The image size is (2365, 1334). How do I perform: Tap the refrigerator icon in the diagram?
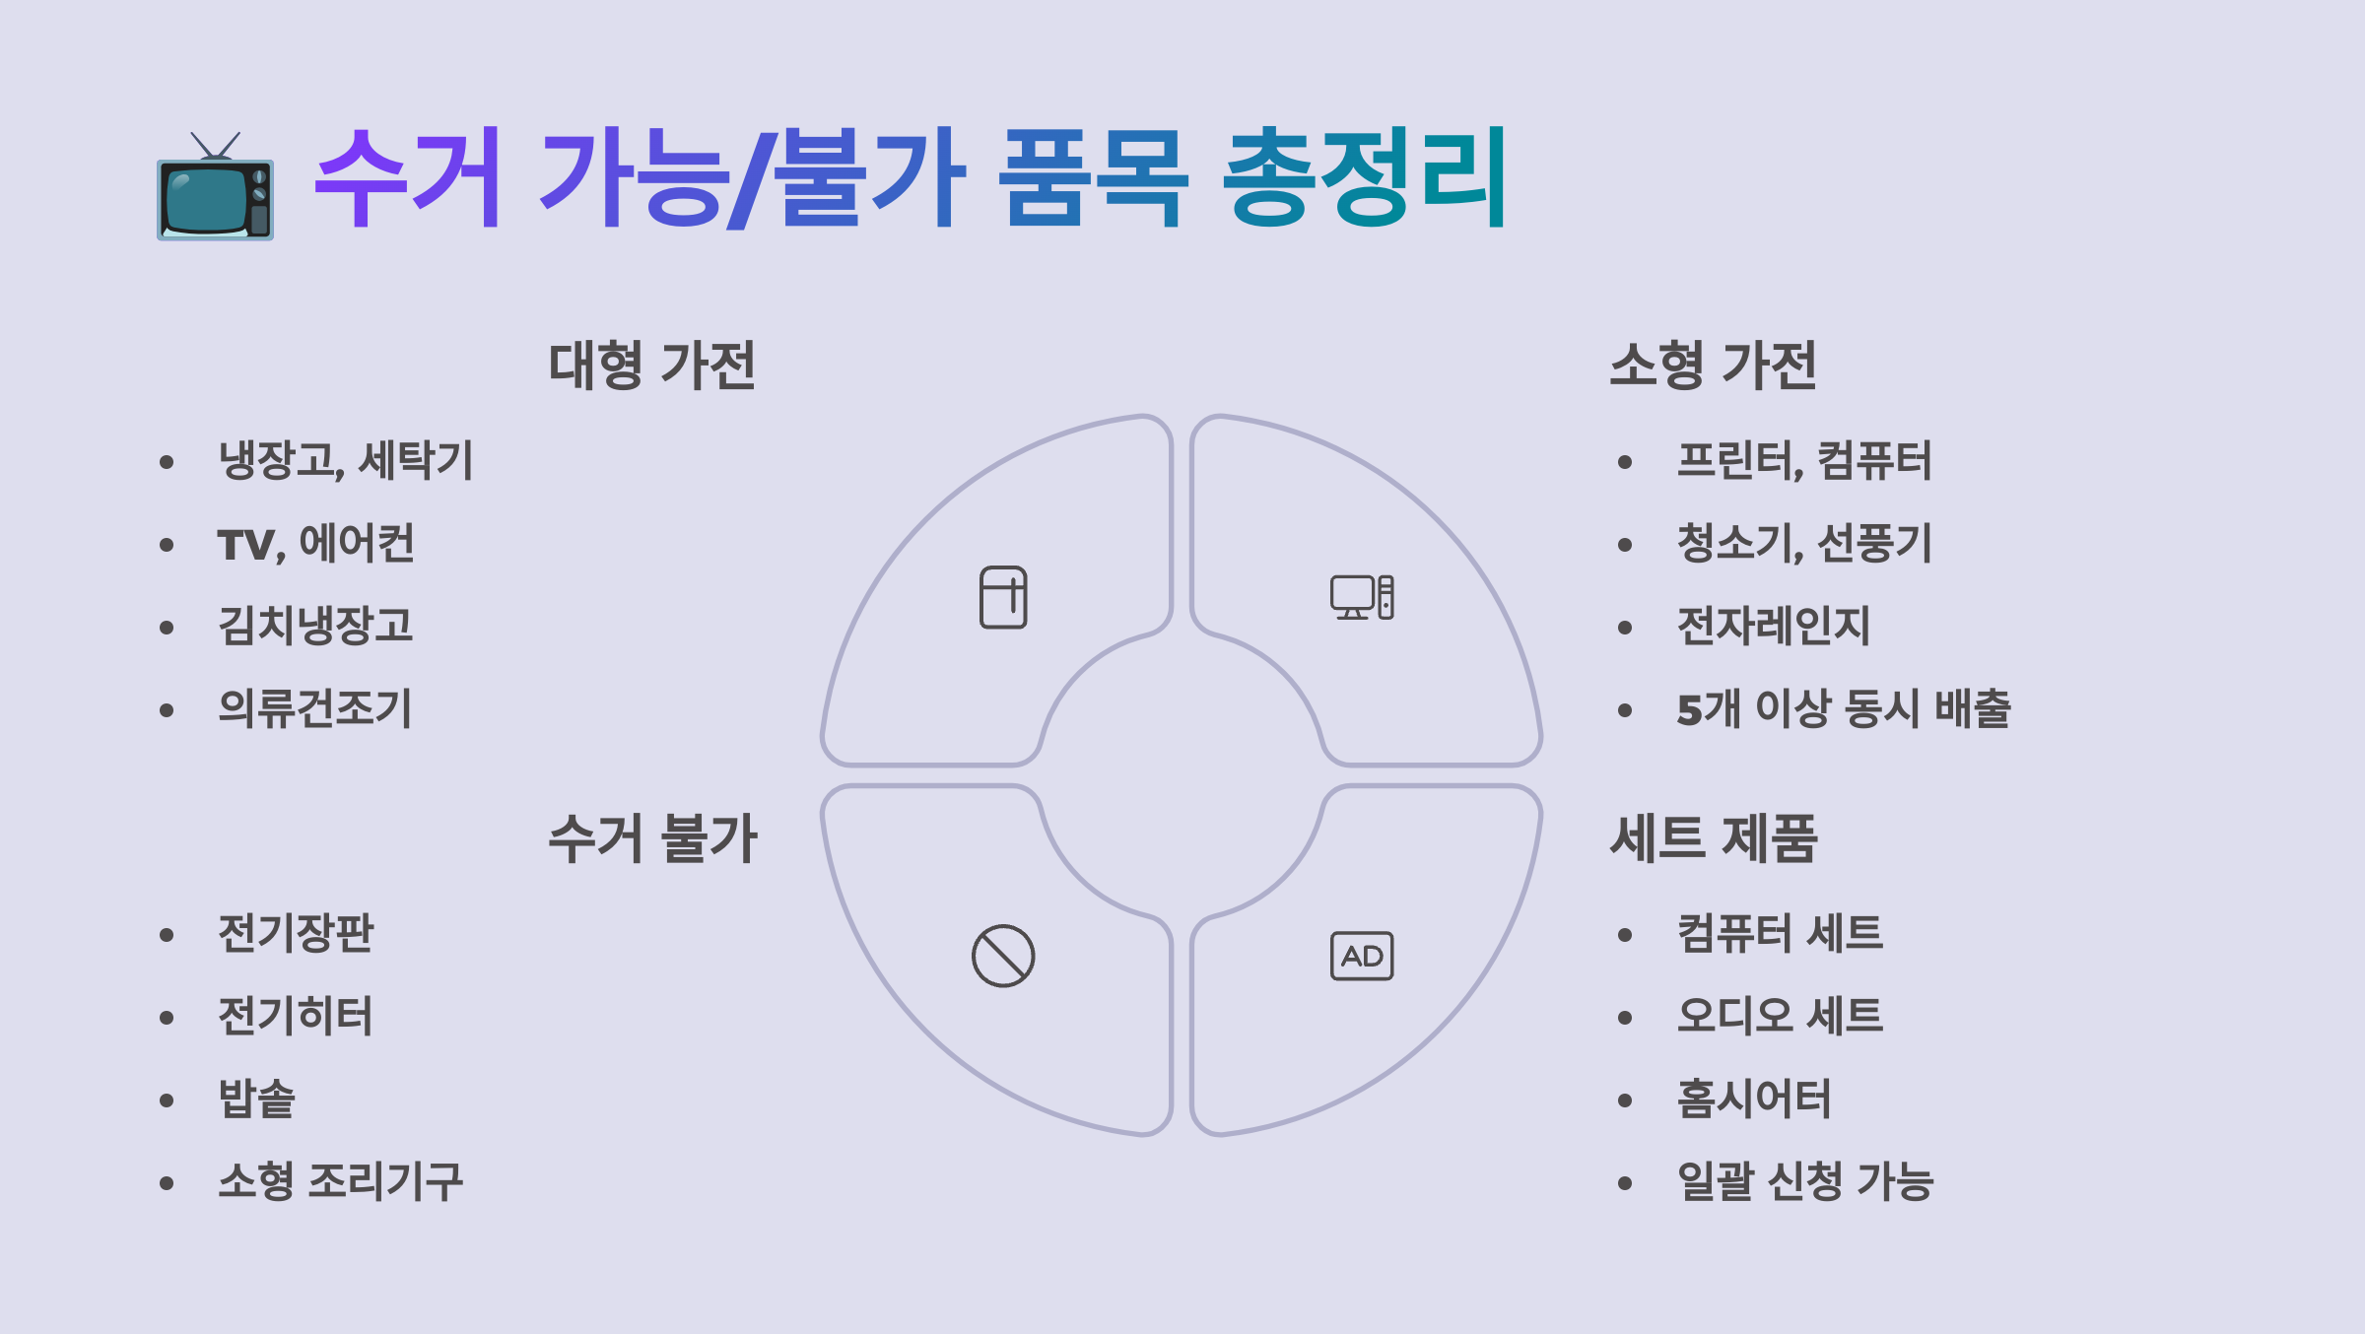(1003, 597)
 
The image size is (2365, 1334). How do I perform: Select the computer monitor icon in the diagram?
(1362, 597)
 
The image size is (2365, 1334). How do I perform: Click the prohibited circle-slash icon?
(1003, 956)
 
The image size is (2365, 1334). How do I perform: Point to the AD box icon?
(1362, 956)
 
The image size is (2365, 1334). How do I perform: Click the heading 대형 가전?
(651, 366)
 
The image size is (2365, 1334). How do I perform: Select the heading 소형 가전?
(1713, 366)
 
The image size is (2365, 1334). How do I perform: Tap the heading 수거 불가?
(651, 839)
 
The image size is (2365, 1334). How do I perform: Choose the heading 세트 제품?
(1713, 839)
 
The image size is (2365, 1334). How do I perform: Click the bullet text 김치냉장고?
(315, 627)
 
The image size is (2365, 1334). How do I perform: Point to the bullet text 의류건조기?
(315, 709)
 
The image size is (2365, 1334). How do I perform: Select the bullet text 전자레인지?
(1773, 627)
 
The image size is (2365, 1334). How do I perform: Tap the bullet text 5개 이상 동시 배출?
(1843, 709)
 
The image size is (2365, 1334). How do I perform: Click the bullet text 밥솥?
(256, 1100)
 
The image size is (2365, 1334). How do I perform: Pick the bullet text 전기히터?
(296, 1017)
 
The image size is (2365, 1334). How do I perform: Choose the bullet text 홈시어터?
(1754, 1100)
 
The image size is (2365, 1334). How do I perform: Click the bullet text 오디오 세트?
(1780, 1017)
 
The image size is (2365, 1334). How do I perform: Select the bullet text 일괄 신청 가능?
(1805, 1182)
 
